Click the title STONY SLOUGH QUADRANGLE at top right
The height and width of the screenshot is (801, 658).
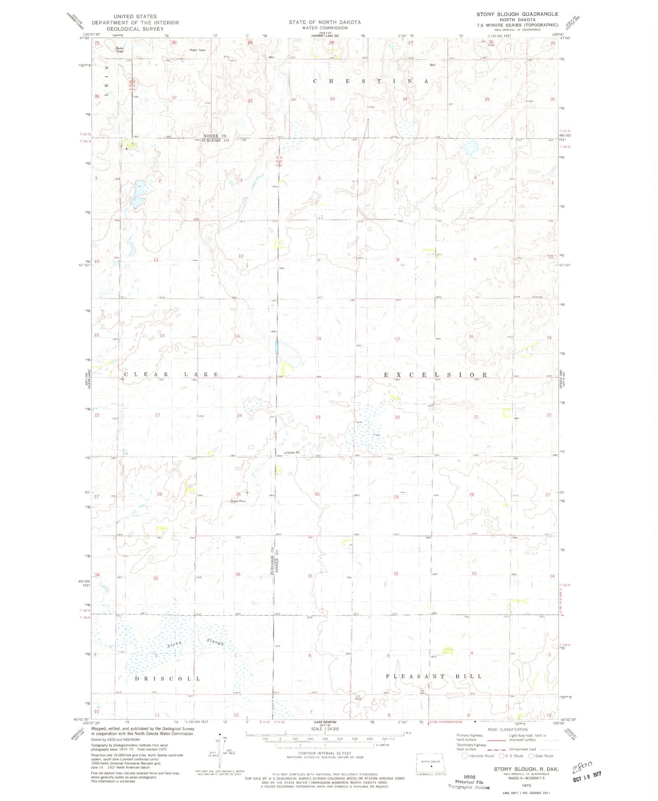[517, 14]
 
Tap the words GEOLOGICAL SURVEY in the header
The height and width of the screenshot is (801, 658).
[135, 29]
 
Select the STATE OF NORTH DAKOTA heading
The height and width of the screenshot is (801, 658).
[324, 22]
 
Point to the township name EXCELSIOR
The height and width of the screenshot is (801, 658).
[435, 375]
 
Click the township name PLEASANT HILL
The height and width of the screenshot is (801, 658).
[434, 676]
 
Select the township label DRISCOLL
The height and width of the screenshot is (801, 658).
[168, 679]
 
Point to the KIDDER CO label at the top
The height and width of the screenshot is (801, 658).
[215, 136]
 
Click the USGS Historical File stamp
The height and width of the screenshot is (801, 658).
[469, 782]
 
